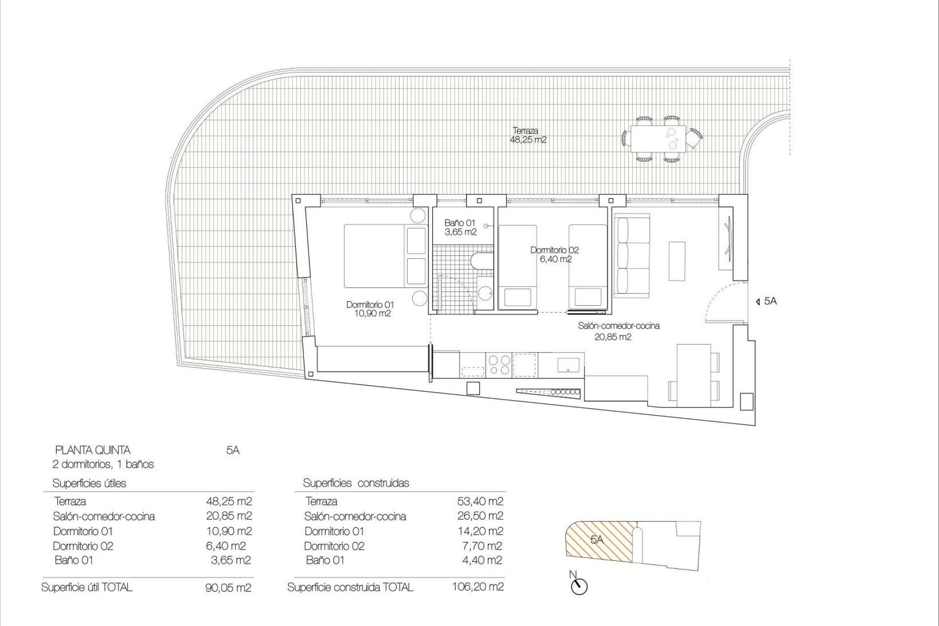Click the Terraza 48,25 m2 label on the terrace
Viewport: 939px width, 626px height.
[x=528, y=135]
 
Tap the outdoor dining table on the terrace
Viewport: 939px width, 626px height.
[x=654, y=138]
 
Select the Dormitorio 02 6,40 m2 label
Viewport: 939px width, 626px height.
[x=555, y=255]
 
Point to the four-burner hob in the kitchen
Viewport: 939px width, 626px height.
[x=499, y=364]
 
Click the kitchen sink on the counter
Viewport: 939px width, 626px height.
[x=568, y=364]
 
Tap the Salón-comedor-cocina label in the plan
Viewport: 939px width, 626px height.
[x=618, y=331]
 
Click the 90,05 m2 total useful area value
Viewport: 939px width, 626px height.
[x=228, y=588]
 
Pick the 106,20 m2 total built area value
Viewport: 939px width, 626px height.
[x=478, y=587]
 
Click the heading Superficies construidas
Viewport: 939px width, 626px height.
[x=356, y=483]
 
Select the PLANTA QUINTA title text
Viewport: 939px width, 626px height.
[x=93, y=450]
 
